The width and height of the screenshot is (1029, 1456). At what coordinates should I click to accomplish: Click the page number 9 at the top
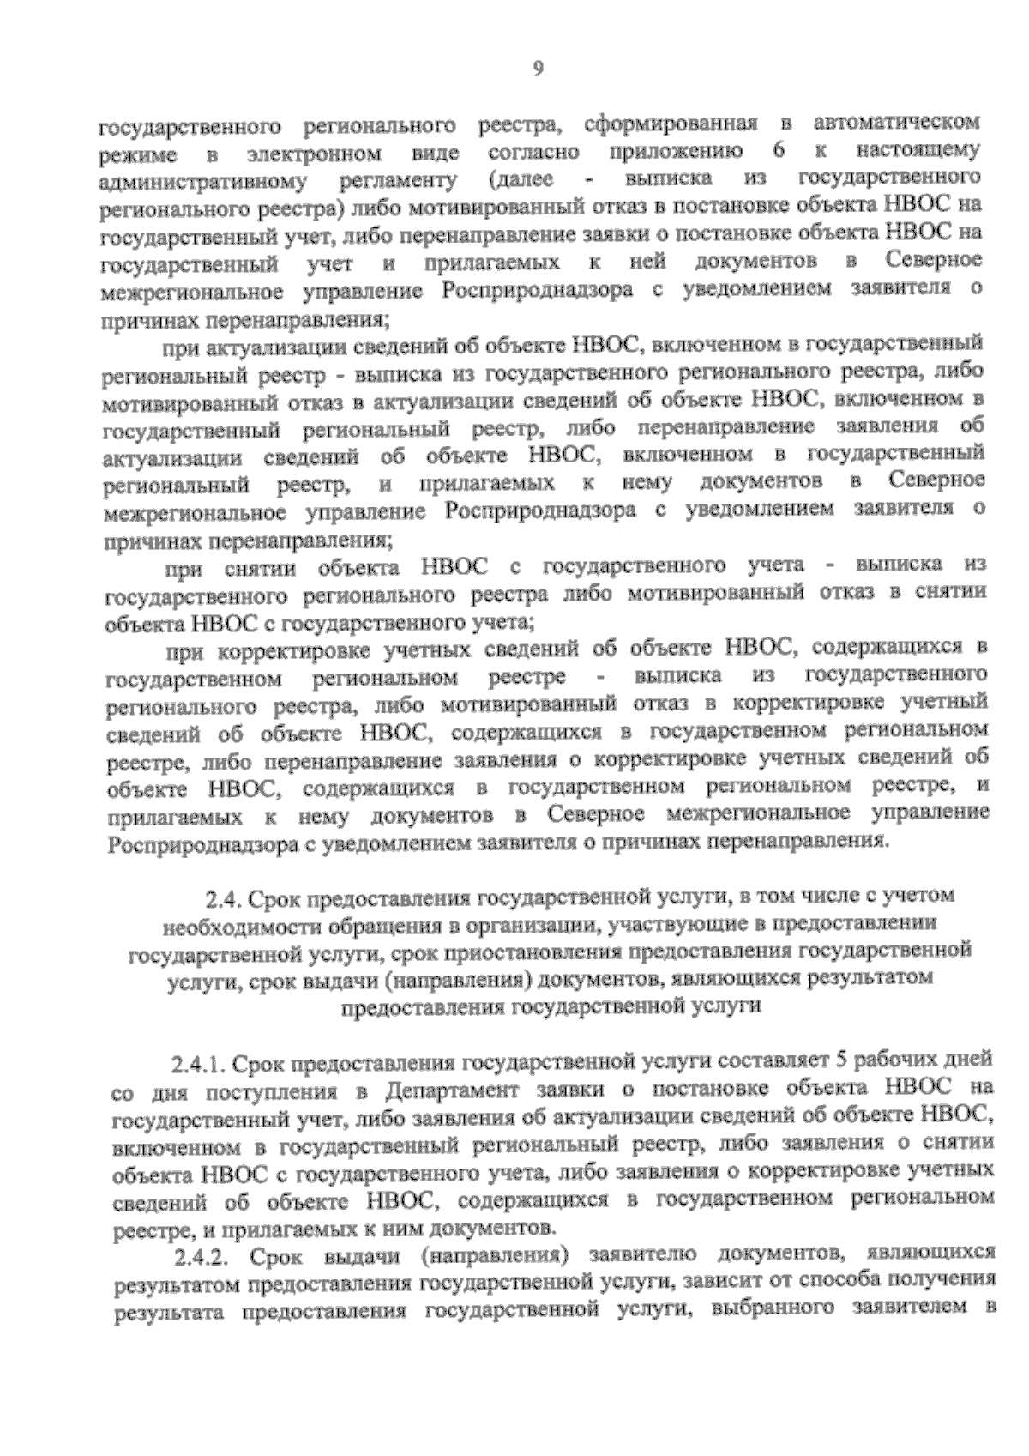[538, 69]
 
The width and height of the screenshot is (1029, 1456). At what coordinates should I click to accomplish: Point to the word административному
[204, 182]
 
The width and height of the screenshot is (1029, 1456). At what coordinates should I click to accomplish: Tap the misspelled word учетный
[941, 704]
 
